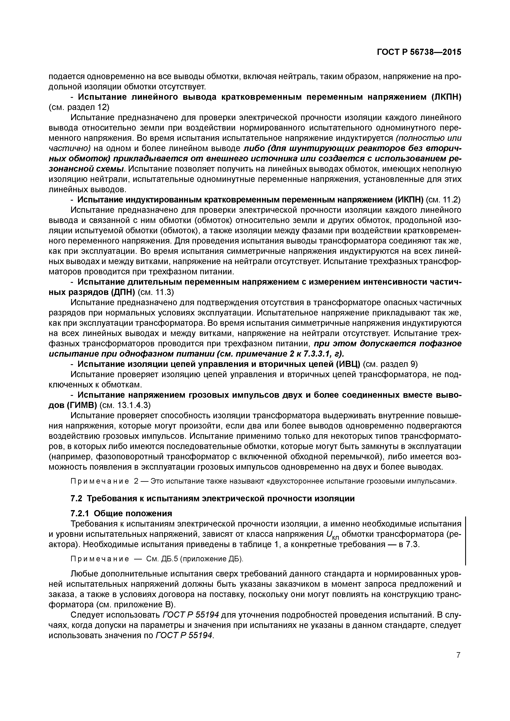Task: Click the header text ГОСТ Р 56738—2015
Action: click(419, 52)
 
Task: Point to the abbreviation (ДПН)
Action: click(124, 292)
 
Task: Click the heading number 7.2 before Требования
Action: click(77, 498)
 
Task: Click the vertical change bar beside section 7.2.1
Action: click(465, 540)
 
